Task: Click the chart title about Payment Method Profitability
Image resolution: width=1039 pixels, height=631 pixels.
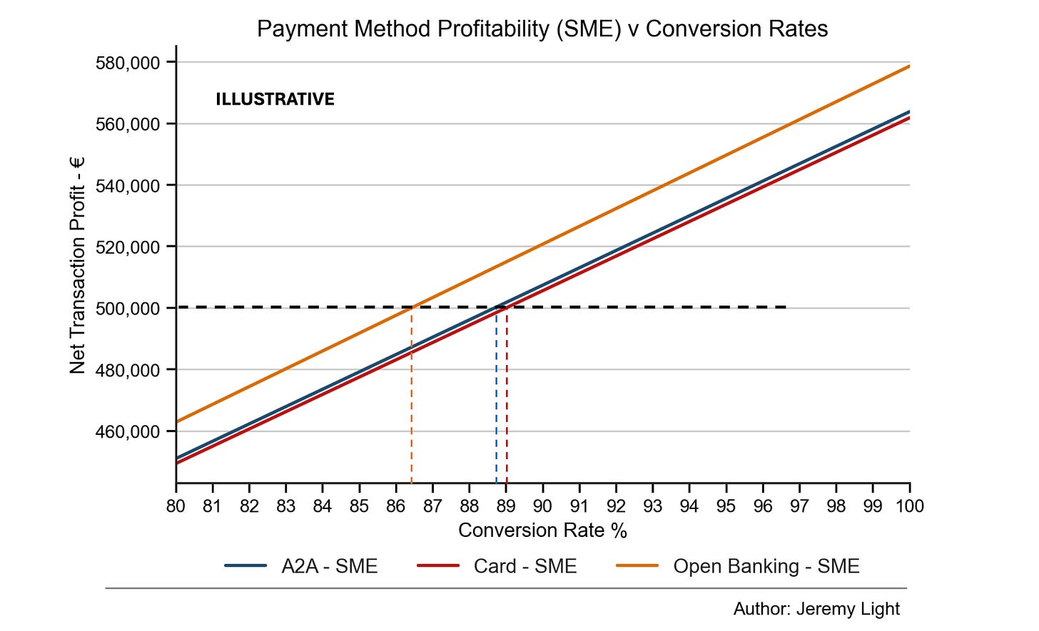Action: [542, 29]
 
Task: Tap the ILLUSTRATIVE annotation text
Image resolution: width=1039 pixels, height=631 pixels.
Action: [275, 99]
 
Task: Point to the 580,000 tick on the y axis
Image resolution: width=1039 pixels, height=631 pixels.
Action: [128, 63]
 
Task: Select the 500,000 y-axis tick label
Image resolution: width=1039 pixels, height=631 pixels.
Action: [128, 309]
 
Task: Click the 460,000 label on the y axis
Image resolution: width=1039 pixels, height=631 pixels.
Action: [128, 432]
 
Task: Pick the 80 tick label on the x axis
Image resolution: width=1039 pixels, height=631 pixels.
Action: [176, 506]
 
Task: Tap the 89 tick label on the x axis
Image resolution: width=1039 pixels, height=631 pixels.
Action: [506, 506]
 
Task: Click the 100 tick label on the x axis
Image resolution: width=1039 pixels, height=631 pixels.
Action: [910, 506]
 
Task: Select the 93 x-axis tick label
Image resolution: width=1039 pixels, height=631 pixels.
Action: [653, 506]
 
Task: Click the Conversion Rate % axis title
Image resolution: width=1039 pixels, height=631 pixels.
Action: [542, 530]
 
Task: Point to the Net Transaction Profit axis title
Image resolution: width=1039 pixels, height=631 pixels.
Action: [78, 265]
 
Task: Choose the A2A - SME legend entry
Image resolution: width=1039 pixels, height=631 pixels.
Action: [301, 566]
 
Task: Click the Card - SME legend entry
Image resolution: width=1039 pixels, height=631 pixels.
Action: [497, 566]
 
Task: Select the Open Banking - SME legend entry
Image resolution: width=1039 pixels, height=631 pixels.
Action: [738, 566]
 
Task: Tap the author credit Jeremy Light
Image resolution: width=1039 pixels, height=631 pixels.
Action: [816, 609]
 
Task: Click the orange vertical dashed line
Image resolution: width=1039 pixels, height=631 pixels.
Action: [412, 395]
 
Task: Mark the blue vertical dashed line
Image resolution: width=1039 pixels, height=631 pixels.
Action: [497, 395]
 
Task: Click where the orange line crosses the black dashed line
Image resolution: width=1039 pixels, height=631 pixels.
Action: [412, 307]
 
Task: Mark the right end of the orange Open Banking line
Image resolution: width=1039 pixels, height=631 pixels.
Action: [909, 66]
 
